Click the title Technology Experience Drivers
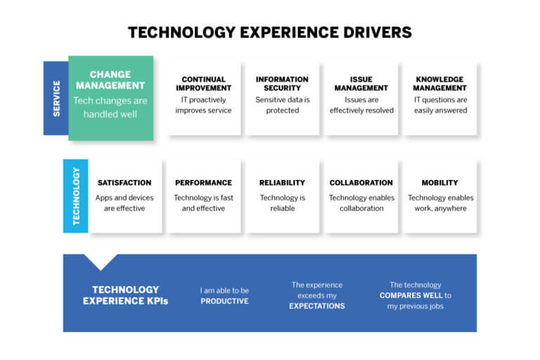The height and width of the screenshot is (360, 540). [269, 32]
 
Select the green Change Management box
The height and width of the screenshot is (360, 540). [110, 98]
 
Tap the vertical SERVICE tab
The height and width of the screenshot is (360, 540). [56, 98]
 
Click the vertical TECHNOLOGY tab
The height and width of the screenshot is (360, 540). [76, 196]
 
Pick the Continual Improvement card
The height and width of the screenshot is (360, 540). [204, 98]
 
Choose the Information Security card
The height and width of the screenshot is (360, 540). [282, 98]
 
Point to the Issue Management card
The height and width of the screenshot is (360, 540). [361, 98]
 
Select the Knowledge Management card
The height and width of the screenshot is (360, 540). [440, 98]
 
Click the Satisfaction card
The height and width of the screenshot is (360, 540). [124, 196]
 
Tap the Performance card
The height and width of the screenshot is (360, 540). [203, 196]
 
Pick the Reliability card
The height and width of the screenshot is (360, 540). [282, 196]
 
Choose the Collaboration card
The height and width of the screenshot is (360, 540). [361, 196]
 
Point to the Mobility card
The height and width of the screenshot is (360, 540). [439, 196]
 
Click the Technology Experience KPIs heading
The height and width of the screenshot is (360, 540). [125, 295]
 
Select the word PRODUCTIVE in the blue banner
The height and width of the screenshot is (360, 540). [224, 301]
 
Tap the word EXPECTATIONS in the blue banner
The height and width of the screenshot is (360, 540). [317, 306]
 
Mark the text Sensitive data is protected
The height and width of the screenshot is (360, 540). [282, 105]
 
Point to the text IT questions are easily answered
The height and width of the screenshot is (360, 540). [440, 105]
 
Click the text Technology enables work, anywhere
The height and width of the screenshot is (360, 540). [439, 203]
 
